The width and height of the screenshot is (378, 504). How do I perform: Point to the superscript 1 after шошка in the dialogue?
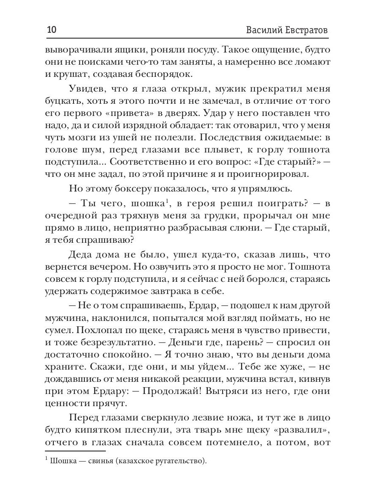[x=167, y=202]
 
